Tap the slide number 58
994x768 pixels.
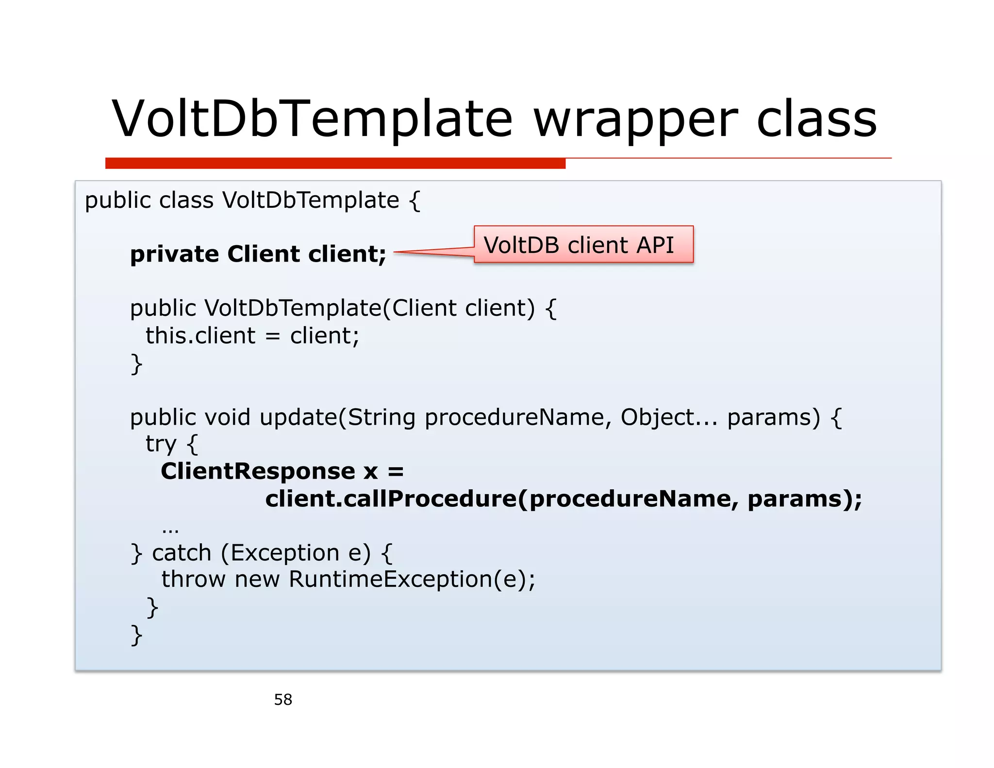click(x=283, y=700)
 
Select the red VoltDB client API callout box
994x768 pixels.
click(x=583, y=245)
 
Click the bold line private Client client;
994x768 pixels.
click(x=258, y=254)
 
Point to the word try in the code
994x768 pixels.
click(x=161, y=444)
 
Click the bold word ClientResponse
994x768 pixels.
click(x=258, y=471)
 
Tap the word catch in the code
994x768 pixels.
click(x=182, y=553)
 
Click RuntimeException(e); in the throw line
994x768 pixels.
click(x=412, y=579)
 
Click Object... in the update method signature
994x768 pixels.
click(x=668, y=417)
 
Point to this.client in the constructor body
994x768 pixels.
click(x=200, y=335)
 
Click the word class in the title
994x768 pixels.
click(x=816, y=119)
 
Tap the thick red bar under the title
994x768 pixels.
click(x=335, y=163)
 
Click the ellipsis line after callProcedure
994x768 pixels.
click(x=170, y=528)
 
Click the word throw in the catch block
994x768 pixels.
click(x=193, y=579)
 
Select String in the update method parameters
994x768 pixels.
click(x=381, y=417)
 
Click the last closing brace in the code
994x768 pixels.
click(x=136, y=634)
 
